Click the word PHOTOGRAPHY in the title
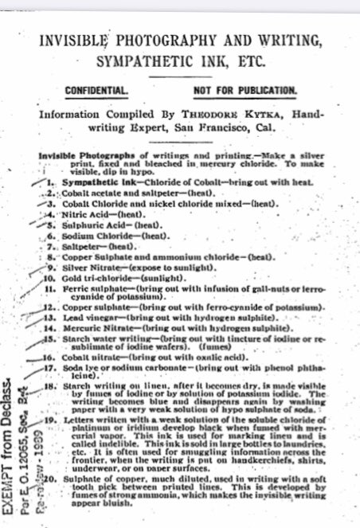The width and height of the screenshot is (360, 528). click(x=166, y=41)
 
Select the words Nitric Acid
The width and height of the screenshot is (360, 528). click(x=72, y=214)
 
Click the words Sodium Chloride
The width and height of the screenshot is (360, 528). click(x=83, y=236)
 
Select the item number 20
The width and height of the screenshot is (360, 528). click(x=46, y=481)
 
